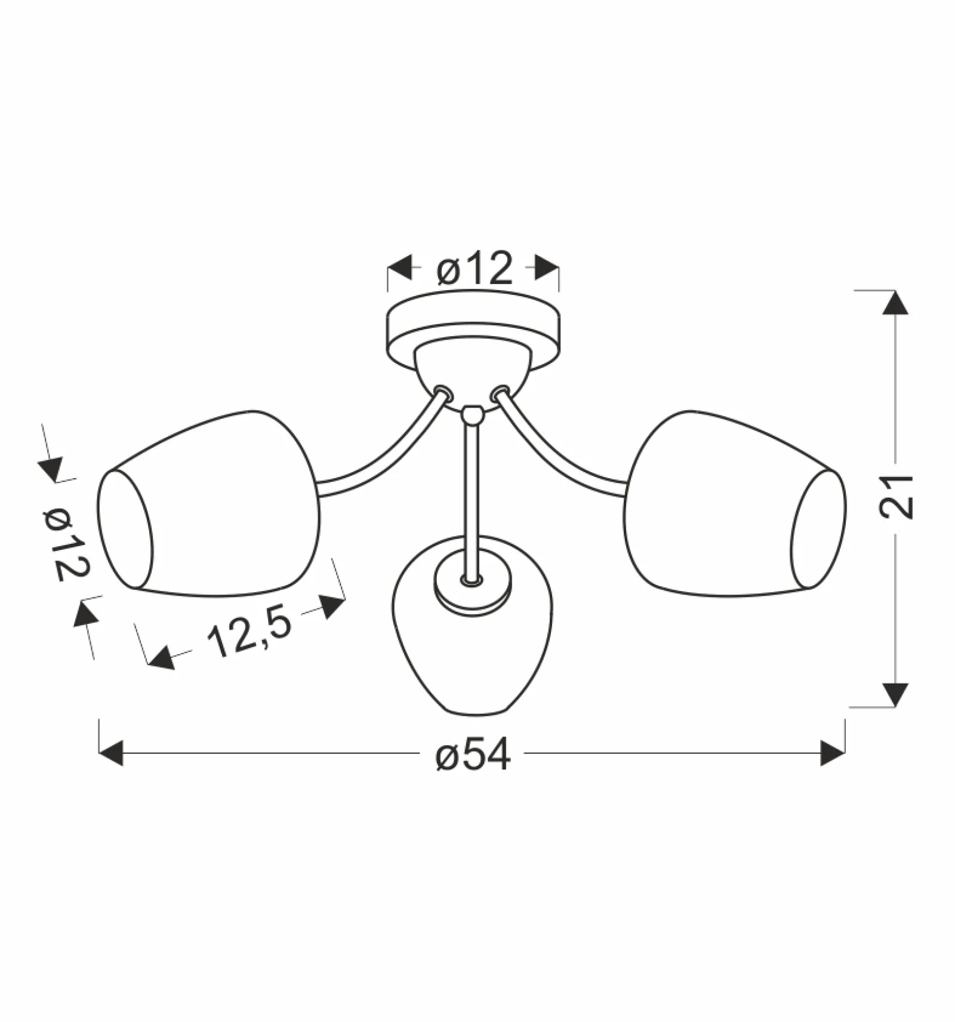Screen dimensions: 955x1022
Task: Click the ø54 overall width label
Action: coord(473,754)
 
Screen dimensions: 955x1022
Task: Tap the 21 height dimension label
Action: coord(896,497)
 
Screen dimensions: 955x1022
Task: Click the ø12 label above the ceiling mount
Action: coord(475,269)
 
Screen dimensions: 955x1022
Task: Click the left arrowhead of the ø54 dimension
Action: coord(111,753)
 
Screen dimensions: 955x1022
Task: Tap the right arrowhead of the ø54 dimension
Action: coord(833,753)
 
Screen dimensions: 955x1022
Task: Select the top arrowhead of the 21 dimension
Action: coord(895,303)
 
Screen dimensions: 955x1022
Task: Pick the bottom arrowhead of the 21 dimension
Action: coord(895,695)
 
